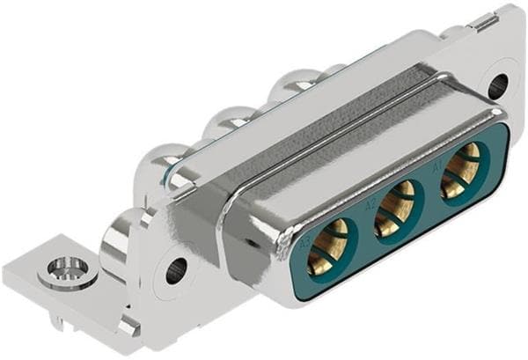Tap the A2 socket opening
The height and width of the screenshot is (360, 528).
tap(396, 208)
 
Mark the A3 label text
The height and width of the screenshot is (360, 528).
tap(304, 240)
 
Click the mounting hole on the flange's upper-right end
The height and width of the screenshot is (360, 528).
tap(497, 85)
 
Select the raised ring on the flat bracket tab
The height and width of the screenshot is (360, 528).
tap(69, 268)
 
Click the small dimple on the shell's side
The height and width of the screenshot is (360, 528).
tap(256, 240)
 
